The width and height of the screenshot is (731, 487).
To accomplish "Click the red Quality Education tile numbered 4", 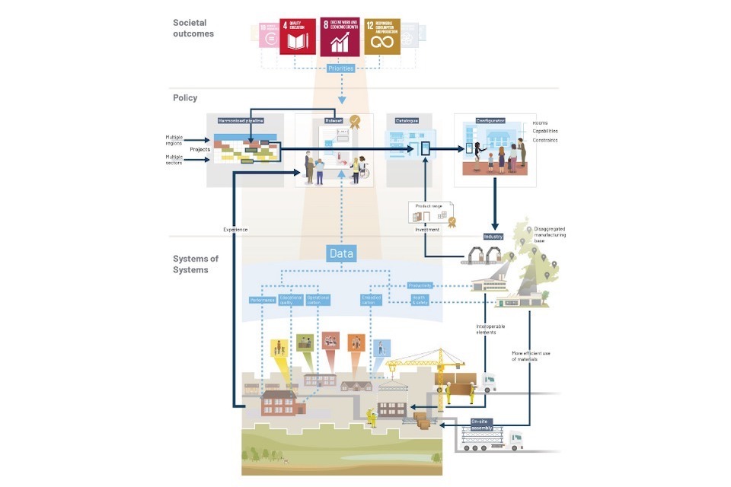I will tap(298, 37).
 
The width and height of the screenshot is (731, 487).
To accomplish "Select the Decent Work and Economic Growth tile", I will tap(340, 37).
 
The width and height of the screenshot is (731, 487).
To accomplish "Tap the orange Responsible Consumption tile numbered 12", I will tap(381, 37).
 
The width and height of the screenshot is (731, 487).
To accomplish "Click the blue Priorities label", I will tap(340, 68).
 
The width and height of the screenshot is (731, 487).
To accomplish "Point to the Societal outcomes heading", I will tap(193, 28).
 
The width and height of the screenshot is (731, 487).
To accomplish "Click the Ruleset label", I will tap(332, 120).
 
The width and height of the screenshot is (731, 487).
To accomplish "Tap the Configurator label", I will tap(490, 120).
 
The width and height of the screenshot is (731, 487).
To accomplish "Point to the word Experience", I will tap(236, 229).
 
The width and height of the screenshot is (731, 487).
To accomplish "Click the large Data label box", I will tap(341, 253).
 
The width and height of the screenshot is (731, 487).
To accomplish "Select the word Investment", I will tap(427, 229).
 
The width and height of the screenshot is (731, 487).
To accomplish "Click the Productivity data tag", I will tap(420, 285).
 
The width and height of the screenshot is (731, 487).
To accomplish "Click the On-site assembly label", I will tap(481, 423).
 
